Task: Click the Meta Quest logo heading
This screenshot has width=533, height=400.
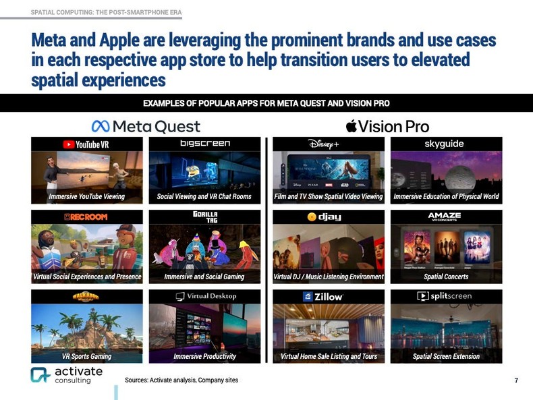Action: coord(146,126)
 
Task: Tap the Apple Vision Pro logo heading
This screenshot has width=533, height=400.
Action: coord(387,126)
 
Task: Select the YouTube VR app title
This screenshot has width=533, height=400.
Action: coord(86,144)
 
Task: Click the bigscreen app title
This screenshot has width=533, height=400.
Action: coord(205,144)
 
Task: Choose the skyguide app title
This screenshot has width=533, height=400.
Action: coord(444,144)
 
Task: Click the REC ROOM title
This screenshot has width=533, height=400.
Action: coord(86,217)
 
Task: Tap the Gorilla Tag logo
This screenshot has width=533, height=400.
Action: coord(204,217)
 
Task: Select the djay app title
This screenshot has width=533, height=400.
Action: coord(322,217)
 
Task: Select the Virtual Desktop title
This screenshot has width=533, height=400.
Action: coord(205,296)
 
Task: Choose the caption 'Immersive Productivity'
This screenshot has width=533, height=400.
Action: coord(204,356)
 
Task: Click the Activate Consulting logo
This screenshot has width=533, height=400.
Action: coord(66,376)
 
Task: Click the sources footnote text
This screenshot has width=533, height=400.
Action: coord(181,380)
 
